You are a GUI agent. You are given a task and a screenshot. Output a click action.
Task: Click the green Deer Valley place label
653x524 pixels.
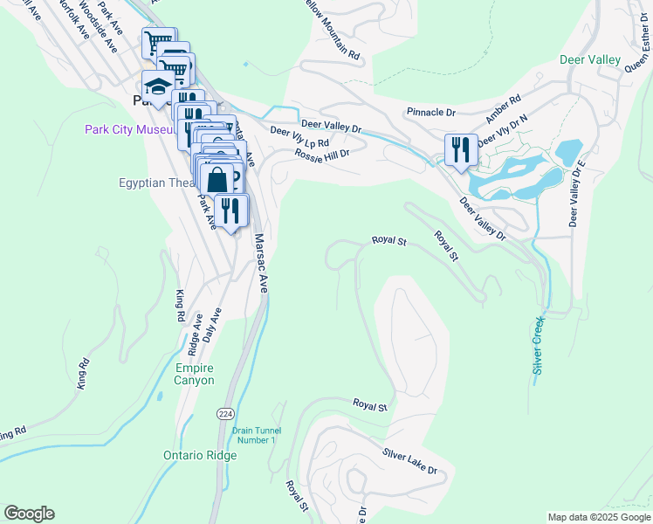[590, 60]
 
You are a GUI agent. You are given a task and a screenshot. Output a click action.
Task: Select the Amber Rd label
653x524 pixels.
[504, 109]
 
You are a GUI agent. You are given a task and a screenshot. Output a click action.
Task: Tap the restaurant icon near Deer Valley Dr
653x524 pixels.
[460, 150]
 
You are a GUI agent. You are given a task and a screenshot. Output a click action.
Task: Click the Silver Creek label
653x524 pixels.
[540, 345]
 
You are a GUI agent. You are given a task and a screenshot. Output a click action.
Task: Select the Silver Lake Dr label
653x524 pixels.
[409, 461]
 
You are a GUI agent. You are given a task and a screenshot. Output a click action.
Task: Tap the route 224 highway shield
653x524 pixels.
[224, 411]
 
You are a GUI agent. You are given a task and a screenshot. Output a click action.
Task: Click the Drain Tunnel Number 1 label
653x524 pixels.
[253, 434]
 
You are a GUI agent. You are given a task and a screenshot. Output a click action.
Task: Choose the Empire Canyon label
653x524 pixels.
[194, 374]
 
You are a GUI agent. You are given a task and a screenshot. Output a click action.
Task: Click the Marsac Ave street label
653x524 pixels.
[260, 262]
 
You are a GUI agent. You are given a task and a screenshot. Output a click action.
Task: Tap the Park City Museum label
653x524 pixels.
[130, 130]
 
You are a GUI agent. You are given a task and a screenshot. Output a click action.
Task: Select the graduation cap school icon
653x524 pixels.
[158, 86]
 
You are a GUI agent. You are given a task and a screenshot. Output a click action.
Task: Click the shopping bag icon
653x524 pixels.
[217, 180]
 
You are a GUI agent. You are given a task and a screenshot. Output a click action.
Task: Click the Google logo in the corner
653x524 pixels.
[29, 514]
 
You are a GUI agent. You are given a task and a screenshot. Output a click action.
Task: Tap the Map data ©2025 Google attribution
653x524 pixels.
[599, 517]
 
